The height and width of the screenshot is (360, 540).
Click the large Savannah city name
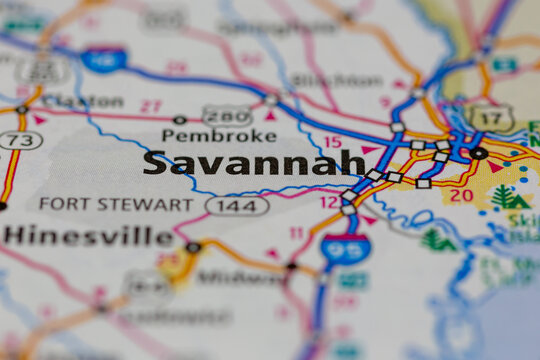point(253,163)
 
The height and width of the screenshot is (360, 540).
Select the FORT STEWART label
point(116,204)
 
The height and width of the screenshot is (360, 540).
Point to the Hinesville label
point(88,236)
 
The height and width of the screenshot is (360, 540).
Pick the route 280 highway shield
point(226,115)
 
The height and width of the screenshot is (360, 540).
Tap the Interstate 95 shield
point(345,248)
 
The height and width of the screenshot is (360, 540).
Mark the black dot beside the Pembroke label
point(179,120)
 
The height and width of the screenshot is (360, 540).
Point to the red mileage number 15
point(332,143)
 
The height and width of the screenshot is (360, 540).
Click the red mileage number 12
point(329,202)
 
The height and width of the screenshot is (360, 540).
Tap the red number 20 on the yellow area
point(461,194)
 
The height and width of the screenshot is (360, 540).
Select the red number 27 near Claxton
point(151,106)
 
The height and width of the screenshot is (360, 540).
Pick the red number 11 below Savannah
point(297,233)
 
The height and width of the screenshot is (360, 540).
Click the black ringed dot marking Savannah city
point(479,153)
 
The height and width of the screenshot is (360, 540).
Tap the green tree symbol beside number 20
point(503,196)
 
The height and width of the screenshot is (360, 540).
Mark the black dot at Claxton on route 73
point(22,109)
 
